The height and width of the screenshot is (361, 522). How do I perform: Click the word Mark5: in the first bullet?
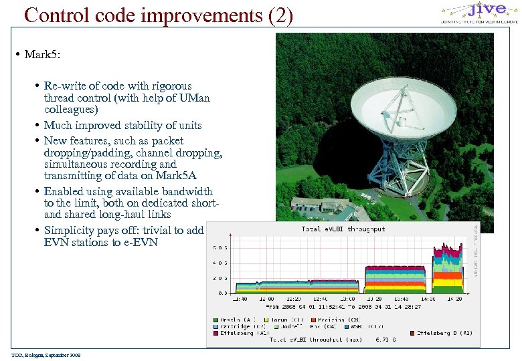[42, 54]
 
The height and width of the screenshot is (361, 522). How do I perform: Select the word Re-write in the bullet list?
[62, 86]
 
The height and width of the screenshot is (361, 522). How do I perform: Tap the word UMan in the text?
[195, 98]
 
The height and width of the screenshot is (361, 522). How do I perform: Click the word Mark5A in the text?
[179, 176]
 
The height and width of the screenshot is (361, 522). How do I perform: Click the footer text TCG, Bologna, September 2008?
[46, 356]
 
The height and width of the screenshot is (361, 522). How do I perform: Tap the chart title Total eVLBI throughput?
[343, 229]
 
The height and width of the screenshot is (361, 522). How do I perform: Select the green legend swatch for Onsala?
[215, 319]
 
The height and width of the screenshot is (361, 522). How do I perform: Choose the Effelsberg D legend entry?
[448, 332]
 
